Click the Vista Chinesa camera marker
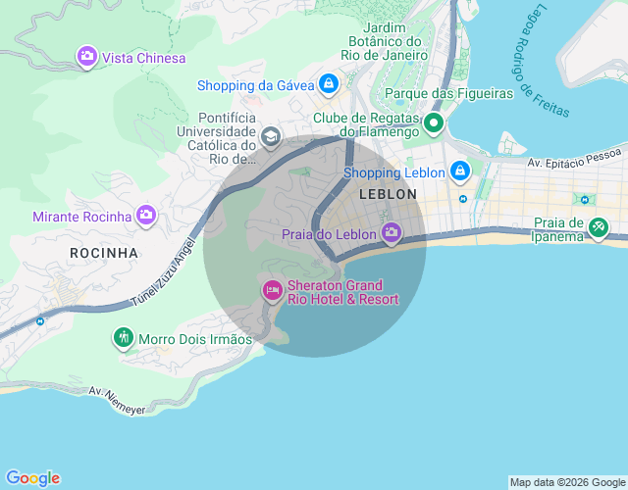pyautogui.click(x=87, y=57)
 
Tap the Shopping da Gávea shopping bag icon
pyautogui.click(x=327, y=85)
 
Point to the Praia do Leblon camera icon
pyautogui.click(x=392, y=233)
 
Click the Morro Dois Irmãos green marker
pyautogui.click(x=123, y=338)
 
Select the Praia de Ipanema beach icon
pyautogui.click(x=597, y=227)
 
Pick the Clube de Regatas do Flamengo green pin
pyautogui.click(x=433, y=124)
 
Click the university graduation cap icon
pyautogui.click(x=270, y=136)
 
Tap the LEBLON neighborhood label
pyautogui.click(x=389, y=195)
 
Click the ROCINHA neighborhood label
pyautogui.click(x=104, y=253)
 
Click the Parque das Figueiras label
pyautogui.click(x=449, y=93)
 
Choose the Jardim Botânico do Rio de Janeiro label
pyautogui.click(x=386, y=41)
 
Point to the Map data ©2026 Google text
pyautogui.click(x=566, y=482)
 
